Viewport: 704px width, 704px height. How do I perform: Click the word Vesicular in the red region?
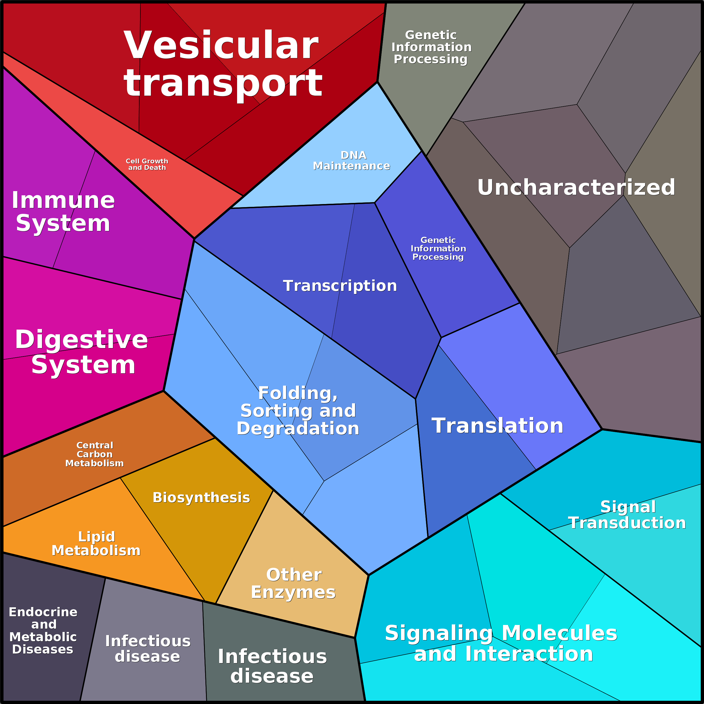click(x=221, y=46)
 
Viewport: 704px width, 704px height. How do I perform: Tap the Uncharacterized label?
click(x=576, y=187)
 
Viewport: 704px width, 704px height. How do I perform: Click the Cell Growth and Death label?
click(x=147, y=164)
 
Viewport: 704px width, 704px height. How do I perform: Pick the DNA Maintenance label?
click(x=352, y=161)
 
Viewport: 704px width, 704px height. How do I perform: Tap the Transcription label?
click(x=340, y=286)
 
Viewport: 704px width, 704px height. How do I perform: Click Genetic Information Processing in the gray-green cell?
click(x=431, y=47)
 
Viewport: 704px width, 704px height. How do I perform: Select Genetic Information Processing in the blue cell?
click(x=438, y=249)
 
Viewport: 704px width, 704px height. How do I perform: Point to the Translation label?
click(x=497, y=426)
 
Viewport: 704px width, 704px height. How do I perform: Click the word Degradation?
click(x=298, y=429)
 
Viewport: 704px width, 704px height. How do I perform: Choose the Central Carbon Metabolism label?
click(x=94, y=454)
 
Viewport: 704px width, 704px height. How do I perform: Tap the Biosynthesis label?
click(x=201, y=498)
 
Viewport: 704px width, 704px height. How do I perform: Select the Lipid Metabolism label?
click(x=96, y=544)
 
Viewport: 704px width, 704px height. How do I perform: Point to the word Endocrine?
click(x=43, y=612)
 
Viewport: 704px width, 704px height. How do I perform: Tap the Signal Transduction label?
click(x=627, y=515)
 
